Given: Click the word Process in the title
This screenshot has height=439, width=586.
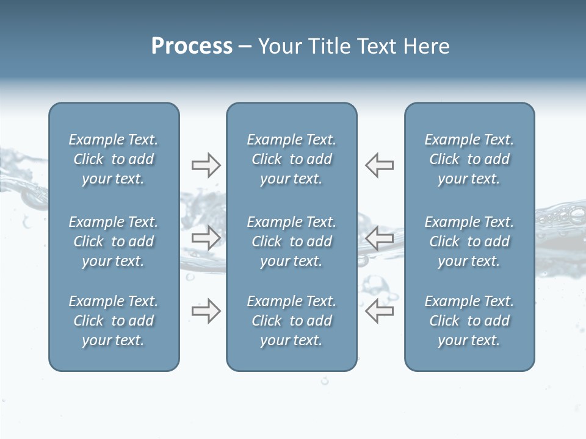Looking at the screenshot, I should pyautogui.click(x=192, y=46).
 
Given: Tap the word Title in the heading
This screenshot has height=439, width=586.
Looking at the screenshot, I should pyautogui.click(x=327, y=46).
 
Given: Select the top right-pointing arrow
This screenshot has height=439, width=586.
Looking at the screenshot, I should pyautogui.click(x=206, y=165).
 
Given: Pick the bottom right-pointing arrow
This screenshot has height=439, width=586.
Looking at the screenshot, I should pyautogui.click(x=206, y=311).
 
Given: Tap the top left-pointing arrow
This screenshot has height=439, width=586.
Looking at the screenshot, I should pyautogui.click(x=380, y=165).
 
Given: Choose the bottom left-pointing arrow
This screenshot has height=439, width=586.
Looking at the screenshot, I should pyautogui.click(x=380, y=311).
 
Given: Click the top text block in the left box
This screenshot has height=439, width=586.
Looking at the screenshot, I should pyautogui.click(x=114, y=159).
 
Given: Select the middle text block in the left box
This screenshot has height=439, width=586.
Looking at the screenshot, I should pyautogui.click(x=114, y=241).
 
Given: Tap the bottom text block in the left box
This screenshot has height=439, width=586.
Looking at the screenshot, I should pyautogui.click(x=114, y=321).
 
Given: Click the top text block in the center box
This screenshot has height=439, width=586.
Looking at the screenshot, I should pyautogui.click(x=292, y=159).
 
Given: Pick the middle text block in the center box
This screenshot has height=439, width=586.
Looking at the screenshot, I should pyautogui.click(x=292, y=241).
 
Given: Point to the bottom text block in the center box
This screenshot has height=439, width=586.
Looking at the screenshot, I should pyautogui.click(x=292, y=321).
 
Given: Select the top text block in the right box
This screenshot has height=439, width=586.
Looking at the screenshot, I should pyautogui.click(x=469, y=159).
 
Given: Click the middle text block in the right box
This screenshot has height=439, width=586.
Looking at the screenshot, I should pyautogui.click(x=469, y=241).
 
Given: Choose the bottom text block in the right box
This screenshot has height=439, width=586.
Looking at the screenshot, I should pyautogui.click(x=469, y=321).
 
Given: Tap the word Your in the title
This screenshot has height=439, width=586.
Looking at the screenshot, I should pyautogui.click(x=280, y=46).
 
